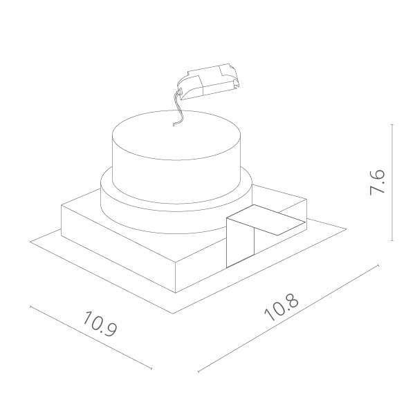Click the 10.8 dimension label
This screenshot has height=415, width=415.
click(x=282, y=307)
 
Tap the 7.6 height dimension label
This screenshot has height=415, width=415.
click(x=378, y=182)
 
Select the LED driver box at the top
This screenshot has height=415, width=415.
click(x=209, y=81)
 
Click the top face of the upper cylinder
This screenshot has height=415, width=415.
click(x=176, y=135)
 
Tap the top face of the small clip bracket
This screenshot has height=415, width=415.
click(x=266, y=220)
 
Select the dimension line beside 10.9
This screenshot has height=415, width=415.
click(x=91, y=337)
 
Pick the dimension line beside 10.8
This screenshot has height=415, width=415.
click(x=288, y=318)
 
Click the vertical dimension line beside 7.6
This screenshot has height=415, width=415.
click(x=392, y=182)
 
